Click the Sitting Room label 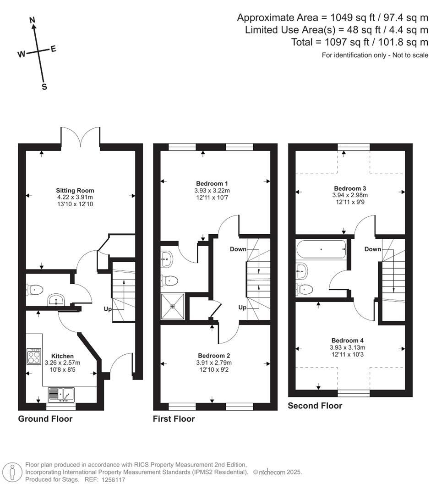click(75, 190)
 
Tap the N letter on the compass click(33, 20)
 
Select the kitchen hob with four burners click(34, 356)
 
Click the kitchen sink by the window click(62, 393)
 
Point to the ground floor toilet click(35, 289)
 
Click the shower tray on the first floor click(173, 307)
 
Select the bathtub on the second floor click(321, 249)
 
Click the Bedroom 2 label click(214, 356)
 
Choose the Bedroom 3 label click(350, 188)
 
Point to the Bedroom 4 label click(348, 341)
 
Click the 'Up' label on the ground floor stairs click(108, 309)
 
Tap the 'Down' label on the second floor click(373, 249)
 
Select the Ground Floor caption click(45, 418)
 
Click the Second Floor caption click(315, 406)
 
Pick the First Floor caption click(174, 418)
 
